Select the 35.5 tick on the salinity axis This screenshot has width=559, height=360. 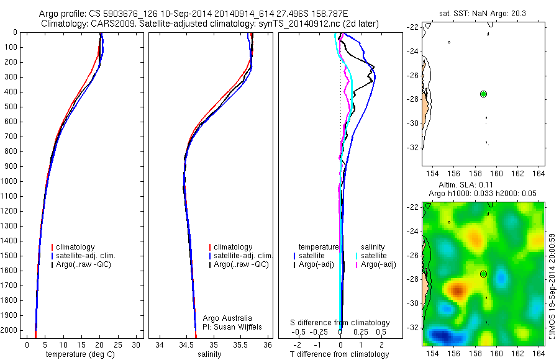click(x=240, y=344)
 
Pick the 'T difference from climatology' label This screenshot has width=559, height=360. click(x=339, y=354)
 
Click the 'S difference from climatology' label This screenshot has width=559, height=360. click(x=340, y=323)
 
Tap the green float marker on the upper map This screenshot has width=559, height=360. click(x=483, y=94)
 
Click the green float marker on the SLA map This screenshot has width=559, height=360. click(x=483, y=274)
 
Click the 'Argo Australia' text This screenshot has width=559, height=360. click(x=227, y=318)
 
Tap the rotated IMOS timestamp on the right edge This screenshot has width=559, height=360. click(x=553, y=286)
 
